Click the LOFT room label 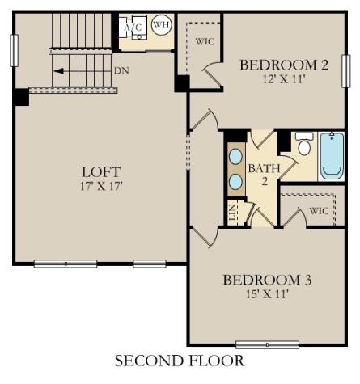click(101, 171)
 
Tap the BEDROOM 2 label click(284, 65)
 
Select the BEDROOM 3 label click(267, 280)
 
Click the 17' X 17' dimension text click(101, 185)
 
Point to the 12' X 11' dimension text click(284, 80)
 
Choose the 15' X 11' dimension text click(267, 293)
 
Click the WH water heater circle click(161, 25)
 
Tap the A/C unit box click(132, 26)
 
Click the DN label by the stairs click(121, 71)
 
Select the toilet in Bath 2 click(304, 146)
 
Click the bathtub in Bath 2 click(332, 155)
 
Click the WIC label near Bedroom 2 click(205, 42)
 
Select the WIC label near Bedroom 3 click(319, 211)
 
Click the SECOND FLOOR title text click(179, 361)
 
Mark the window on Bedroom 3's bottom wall click(267, 344)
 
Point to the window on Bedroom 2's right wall click(345, 70)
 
